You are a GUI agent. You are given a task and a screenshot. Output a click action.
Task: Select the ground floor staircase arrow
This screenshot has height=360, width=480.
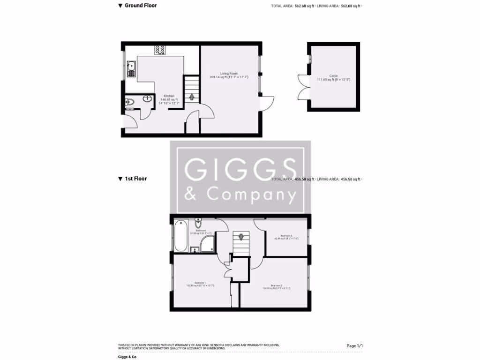[x=191, y=97]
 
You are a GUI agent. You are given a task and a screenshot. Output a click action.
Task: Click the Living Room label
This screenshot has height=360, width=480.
[x=229, y=75]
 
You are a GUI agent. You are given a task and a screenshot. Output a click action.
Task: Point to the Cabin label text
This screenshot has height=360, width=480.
[x=333, y=78]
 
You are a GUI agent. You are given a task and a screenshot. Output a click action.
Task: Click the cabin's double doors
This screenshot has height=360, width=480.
[x=302, y=87]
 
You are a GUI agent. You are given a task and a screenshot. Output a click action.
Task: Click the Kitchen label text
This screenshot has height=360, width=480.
[x=169, y=97]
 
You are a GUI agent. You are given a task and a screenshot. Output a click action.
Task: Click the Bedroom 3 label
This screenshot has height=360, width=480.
[x=286, y=237]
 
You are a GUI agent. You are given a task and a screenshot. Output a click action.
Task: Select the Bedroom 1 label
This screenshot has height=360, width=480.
[x=200, y=284]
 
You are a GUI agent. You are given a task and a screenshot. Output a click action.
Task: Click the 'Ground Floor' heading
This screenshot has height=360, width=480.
[x=140, y=6]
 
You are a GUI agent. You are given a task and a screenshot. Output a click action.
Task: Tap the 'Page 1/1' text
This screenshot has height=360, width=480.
[x=354, y=346]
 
